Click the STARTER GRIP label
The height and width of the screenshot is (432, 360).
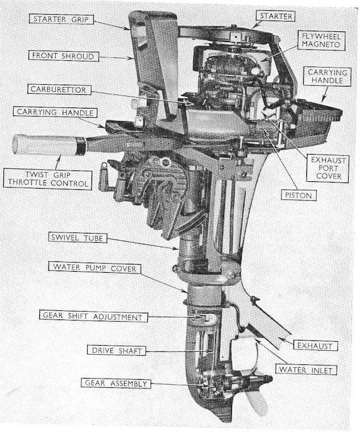point(61,19)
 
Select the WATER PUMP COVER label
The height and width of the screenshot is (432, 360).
point(94,267)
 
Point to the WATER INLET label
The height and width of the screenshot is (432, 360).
point(304,370)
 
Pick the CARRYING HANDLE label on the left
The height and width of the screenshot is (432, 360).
point(63,113)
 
